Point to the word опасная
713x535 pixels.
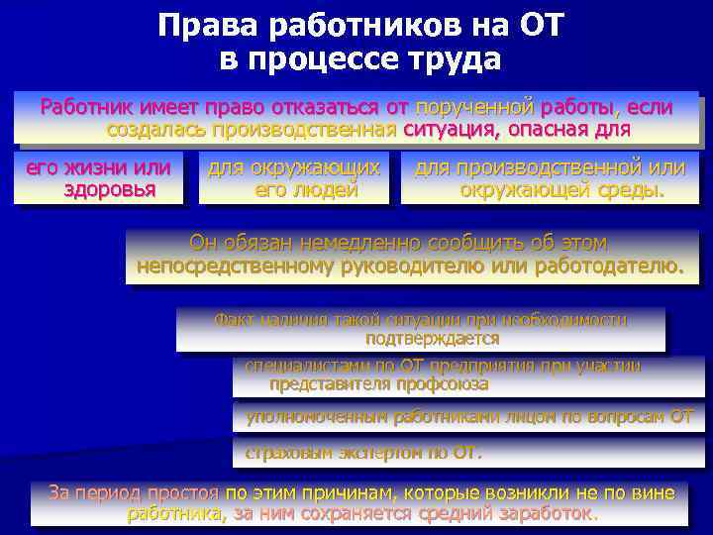[x=554, y=129]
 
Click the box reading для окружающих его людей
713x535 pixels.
[x=294, y=178]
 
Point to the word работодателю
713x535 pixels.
[x=603, y=266]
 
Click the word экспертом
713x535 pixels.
[x=381, y=454]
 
